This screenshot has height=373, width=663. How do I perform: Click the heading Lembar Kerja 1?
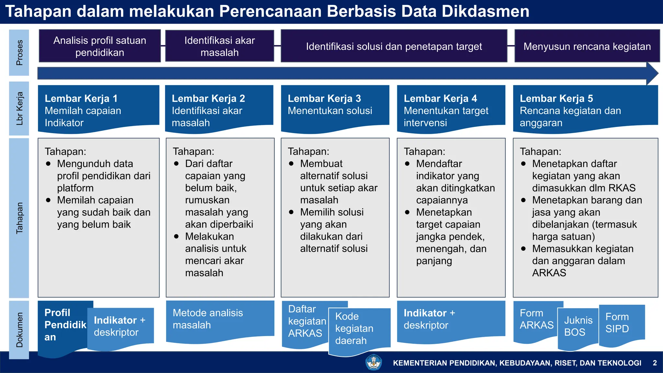pos(81,98)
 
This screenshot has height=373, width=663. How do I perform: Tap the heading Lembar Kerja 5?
pos(556,98)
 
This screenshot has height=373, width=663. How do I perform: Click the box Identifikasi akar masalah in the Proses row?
pos(219,46)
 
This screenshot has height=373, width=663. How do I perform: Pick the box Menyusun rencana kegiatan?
pos(587,46)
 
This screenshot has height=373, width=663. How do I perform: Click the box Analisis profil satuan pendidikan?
pos(100,46)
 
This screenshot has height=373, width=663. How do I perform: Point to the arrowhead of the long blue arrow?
pos(652,73)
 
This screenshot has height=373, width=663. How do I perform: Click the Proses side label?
pos(19,53)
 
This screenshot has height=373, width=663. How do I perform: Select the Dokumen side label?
pos(19,330)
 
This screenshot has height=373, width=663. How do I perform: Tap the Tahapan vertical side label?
pos(19,218)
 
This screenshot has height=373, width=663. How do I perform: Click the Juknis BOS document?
pos(578,326)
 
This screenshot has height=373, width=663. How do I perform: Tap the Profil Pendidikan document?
pos(65,325)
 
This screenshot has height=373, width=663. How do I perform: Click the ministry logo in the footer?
pos(374,362)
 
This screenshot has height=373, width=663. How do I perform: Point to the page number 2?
pos(655,363)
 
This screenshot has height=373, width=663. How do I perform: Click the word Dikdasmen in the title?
pos(485,11)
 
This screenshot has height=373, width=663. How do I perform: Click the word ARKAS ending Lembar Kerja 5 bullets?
pos(549,273)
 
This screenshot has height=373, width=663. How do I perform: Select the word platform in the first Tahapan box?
pos(75,188)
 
